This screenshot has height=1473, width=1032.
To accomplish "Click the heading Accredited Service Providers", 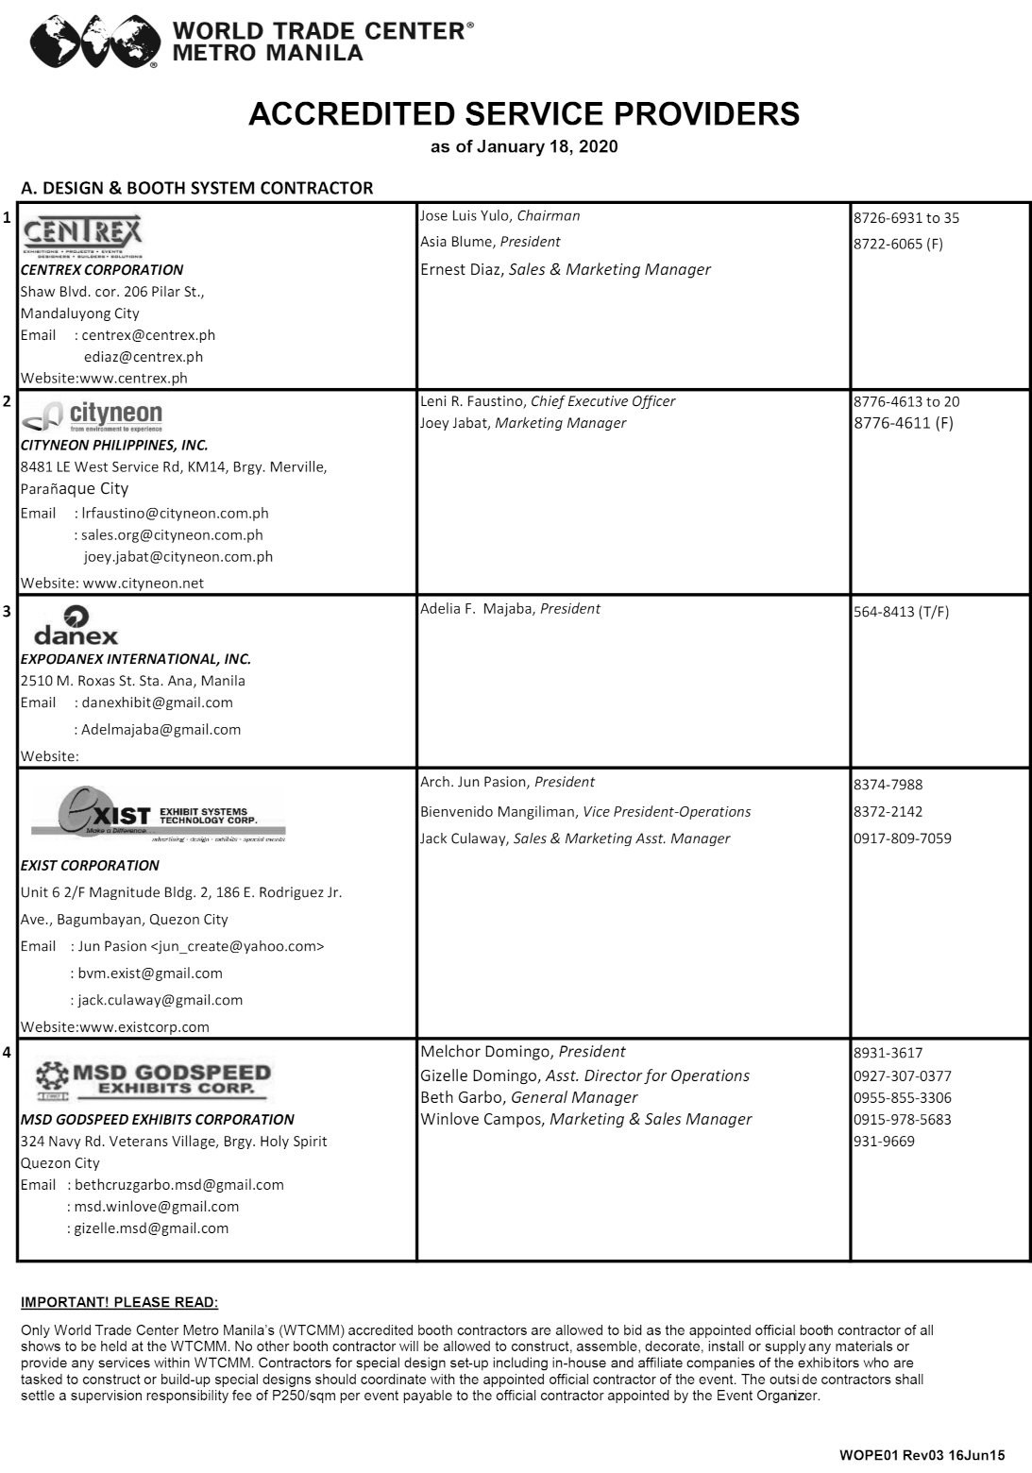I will click(523, 114).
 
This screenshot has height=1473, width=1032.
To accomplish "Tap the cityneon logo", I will click(93, 416).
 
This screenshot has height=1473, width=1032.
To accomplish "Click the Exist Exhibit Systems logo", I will click(157, 813).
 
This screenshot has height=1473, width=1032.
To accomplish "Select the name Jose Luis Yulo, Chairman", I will click(499, 216).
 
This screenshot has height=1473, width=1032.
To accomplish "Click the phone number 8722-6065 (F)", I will click(898, 245).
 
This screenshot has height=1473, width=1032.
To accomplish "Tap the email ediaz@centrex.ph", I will click(143, 357).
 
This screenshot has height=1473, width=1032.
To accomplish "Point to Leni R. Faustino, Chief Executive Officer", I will click(548, 401).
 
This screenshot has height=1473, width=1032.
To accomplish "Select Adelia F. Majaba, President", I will click(510, 609).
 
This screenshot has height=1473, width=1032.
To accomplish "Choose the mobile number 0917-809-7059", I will click(902, 838).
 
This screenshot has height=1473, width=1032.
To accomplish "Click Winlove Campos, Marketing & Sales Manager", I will click(585, 1120).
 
